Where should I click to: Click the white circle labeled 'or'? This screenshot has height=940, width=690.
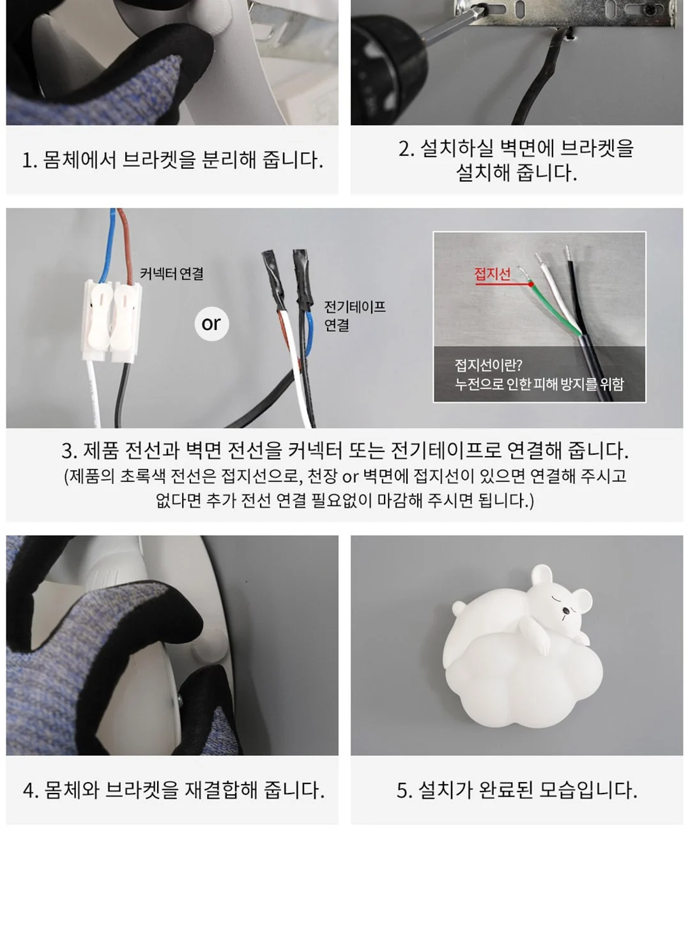(x=211, y=324)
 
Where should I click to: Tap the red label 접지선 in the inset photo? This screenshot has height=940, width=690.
(x=493, y=274)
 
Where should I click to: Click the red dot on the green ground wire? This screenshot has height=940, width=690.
(x=531, y=284)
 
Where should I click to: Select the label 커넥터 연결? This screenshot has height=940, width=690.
(x=171, y=274)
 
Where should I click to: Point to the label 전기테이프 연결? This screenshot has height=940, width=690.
(x=355, y=316)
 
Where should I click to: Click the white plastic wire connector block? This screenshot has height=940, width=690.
(x=111, y=321)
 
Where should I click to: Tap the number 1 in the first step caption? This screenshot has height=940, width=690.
(x=27, y=161)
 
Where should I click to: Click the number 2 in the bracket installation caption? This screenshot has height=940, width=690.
(x=404, y=149)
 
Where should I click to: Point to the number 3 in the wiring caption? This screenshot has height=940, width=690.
(x=68, y=451)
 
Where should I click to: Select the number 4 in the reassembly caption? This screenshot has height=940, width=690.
(x=29, y=790)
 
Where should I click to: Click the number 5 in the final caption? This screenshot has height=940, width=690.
(x=403, y=790)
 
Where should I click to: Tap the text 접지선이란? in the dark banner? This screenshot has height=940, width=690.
(x=489, y=364)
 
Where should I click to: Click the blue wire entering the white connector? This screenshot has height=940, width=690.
(x=107, y=247)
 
